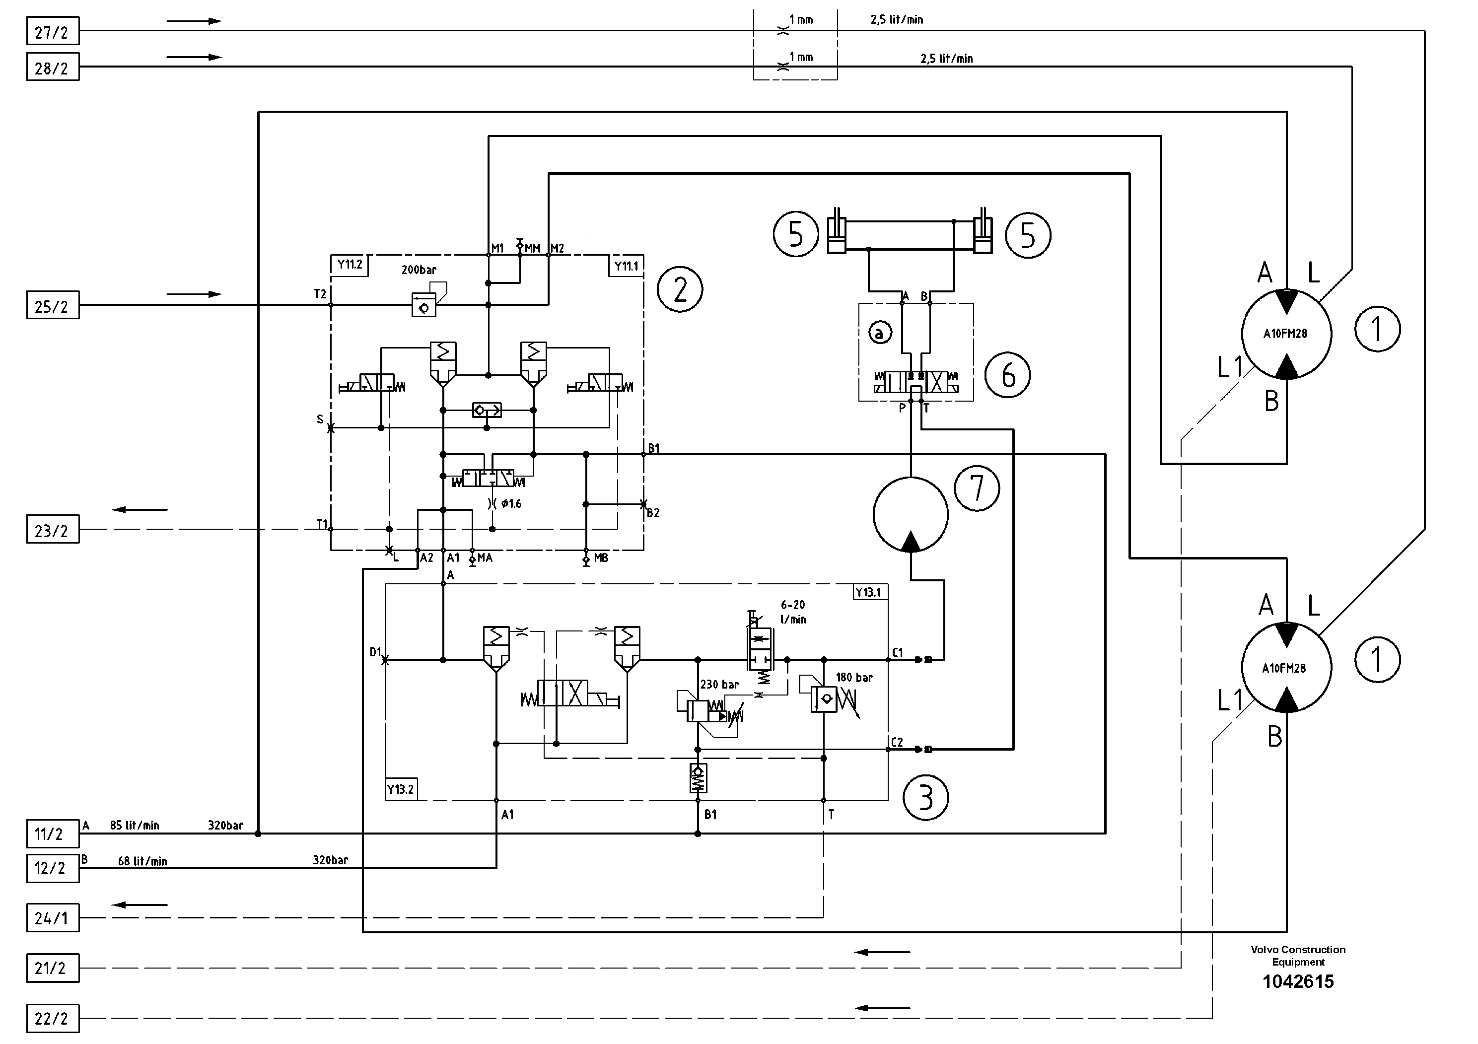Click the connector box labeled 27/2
click(53, 31)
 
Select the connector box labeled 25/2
click(53, 305)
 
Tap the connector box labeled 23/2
click(53, 529)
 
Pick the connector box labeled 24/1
click(53, 917)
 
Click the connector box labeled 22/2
click(53, 1018)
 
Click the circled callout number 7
click(977, 488)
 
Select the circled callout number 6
click(1007, 375)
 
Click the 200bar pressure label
click(419, 271)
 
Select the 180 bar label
click(854, 678)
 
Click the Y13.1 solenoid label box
click(868, 592)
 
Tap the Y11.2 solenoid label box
click(350, 265)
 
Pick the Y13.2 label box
click(400, 789)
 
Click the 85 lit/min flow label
click(135, 826)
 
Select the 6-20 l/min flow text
click(793, 612)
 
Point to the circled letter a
click(880, 333)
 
